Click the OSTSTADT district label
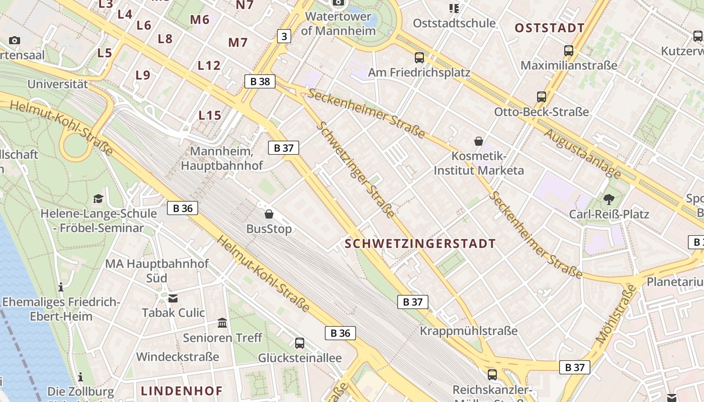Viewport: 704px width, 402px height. (x=550, y=28)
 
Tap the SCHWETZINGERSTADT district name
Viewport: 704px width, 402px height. (x=420, y=244)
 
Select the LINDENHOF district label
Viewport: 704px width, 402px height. (x=182, y=390)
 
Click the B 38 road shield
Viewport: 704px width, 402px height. (x=260, y=81)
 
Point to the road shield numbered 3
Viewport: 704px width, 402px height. (x=284, y=36)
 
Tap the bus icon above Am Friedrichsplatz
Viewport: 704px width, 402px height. (x=419, y=58)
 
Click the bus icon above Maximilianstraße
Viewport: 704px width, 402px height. (x=569, y=51)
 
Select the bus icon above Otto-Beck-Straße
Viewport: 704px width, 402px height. (x=542, y=97)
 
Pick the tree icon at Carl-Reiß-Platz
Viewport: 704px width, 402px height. (x=609, y=199)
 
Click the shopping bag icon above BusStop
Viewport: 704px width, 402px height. (x=269, y=214)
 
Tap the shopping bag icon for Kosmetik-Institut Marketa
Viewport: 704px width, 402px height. (x=479, y=141)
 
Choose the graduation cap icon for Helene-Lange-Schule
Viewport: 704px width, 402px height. (x=98, y=198)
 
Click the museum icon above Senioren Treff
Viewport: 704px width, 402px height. (x=222, y=323)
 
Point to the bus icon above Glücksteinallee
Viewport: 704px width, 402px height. (x=300, y=343)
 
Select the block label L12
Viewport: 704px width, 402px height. (x=209, y=65)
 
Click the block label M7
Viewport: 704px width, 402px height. (x=238, y=42)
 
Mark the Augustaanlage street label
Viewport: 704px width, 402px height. (x=583, y=154)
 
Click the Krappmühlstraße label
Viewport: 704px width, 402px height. (x=469, y=331)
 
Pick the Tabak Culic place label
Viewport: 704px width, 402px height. (x=173, y=313)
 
